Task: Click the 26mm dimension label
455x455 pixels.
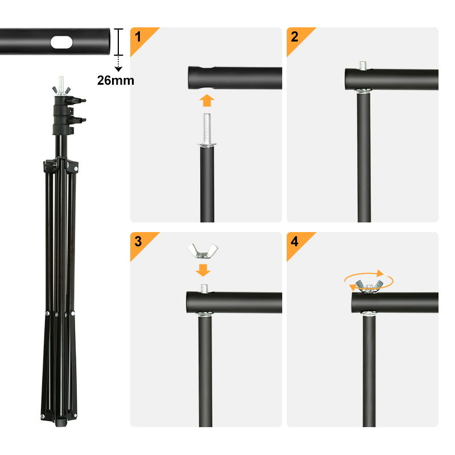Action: [115, 80]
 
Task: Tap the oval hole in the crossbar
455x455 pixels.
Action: [61, 42]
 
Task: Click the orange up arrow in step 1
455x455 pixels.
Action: [207, 101]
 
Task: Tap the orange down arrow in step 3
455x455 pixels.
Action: [203, 270]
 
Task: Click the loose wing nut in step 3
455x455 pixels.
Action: [203, 251]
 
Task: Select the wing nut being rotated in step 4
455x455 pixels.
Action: [369, 287]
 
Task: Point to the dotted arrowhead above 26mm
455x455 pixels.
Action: [118, 69]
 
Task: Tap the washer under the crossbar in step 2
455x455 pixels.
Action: [363, 92]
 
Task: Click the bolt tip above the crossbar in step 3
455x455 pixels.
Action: [204, 288]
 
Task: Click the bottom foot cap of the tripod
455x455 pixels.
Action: [61, 423]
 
